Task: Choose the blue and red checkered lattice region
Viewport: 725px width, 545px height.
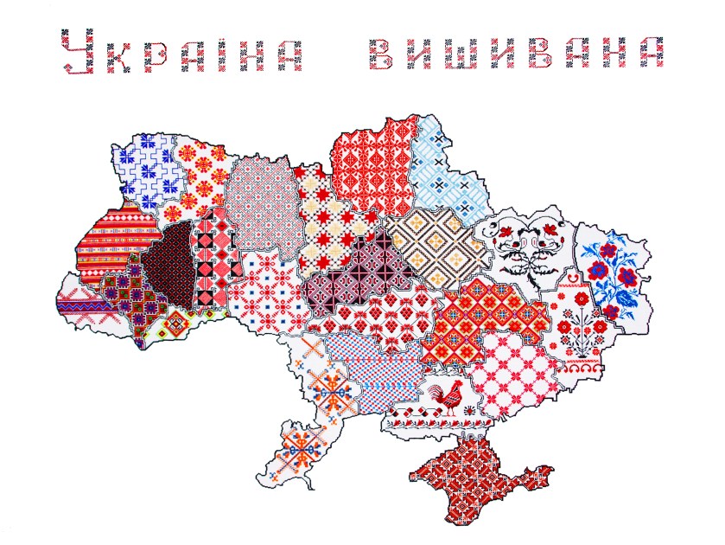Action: tap(380, 372)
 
